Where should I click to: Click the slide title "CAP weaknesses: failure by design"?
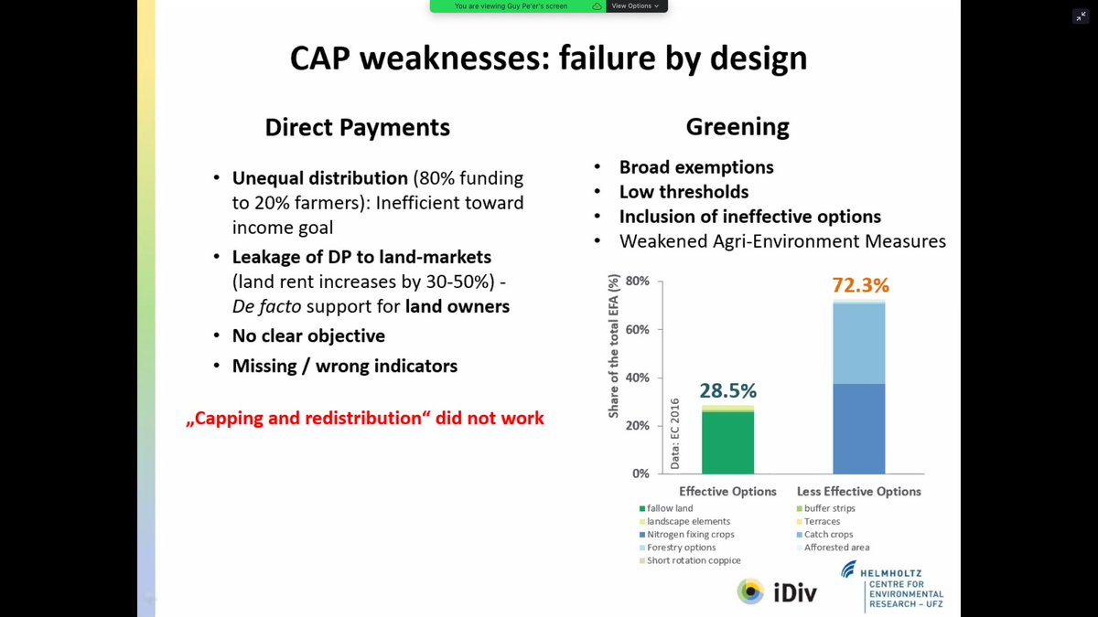click(x=548, y=58)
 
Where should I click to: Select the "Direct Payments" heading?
click(x=357, y=127)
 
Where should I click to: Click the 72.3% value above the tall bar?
click(x=860, y=285)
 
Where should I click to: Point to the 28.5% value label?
click(x=728, y=391)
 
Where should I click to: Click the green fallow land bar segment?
click(x=728, y=443)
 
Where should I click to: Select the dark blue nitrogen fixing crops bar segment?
click(x=859, y=428)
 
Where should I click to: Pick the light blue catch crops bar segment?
click(x=859, y=344)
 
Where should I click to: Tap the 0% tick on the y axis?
click(x=640, y=473)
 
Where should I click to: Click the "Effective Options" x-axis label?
click(x=727, y=491)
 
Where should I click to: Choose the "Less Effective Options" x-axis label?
click(x=859, y=491)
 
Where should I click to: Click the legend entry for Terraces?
click(x=822, y=521)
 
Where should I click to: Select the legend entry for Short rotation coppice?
click(x=694, y=560)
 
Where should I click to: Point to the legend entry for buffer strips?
click(x=829, y=508)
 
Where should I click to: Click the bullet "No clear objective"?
click(x=308, y=335)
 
